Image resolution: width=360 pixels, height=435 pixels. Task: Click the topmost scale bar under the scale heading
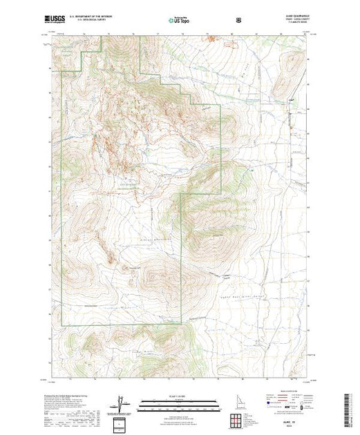[x=179, y=399]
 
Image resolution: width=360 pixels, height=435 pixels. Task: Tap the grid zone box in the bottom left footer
[x=122, y=422]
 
